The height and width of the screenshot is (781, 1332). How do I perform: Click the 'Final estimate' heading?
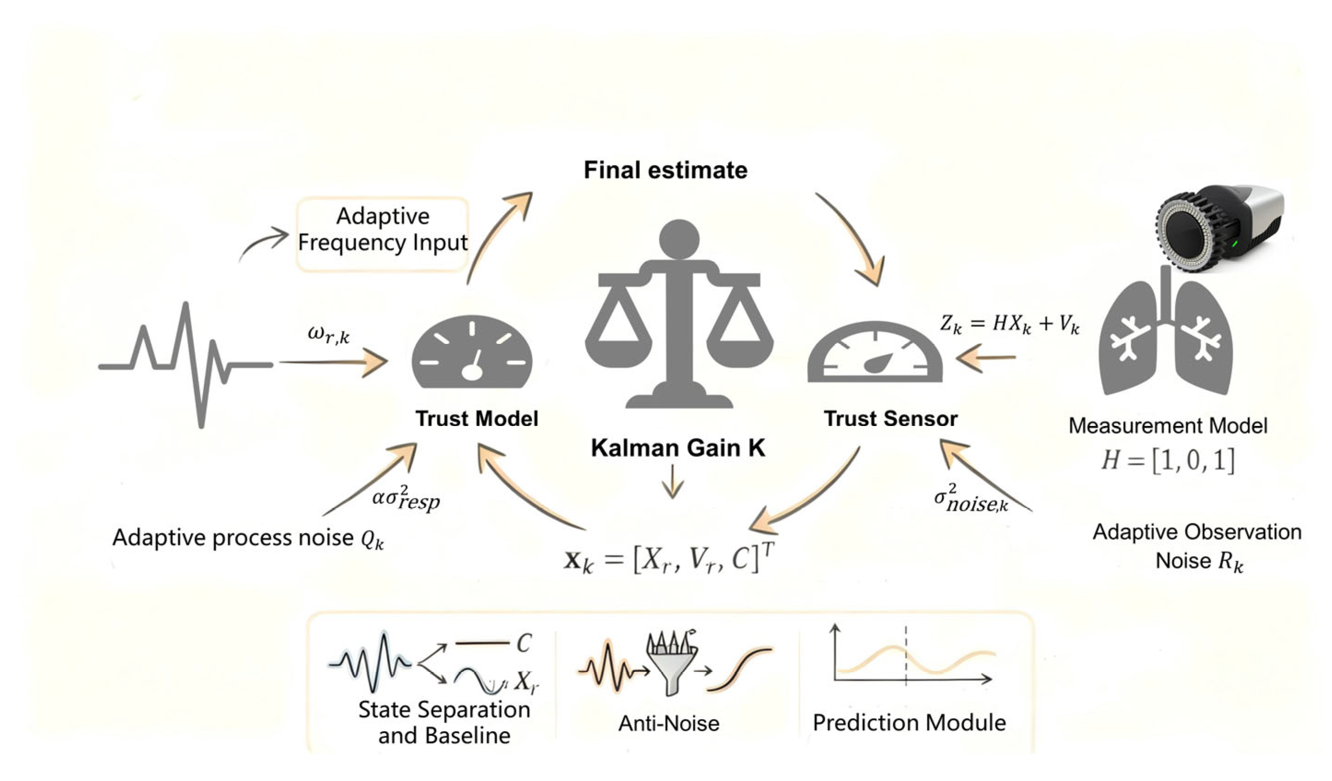tap(665, 170)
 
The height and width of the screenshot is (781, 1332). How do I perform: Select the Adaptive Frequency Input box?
tap(383, 234)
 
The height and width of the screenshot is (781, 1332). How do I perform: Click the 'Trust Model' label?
tap(477, 419)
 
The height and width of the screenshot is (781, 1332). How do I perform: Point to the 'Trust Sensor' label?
tap(891, 419)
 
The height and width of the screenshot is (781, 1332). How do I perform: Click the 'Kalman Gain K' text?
tap(678, 448)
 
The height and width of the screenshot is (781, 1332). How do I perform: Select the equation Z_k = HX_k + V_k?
tap(1009, 324)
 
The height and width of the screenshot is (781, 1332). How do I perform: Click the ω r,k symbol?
tap(328, 335)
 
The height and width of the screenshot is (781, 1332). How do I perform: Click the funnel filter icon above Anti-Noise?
tap(671, 663)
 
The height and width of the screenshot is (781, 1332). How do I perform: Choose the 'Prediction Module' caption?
tap(909, 723)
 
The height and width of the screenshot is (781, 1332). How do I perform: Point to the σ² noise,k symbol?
tap(970, 500)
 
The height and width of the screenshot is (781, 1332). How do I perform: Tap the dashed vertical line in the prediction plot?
tap(906, 656)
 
